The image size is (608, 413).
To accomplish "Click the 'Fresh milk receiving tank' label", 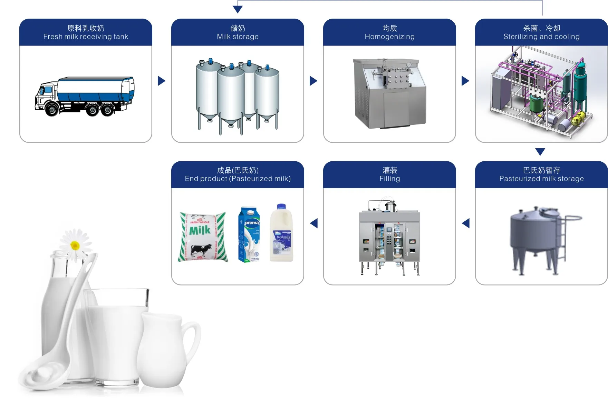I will (x=86, y=37).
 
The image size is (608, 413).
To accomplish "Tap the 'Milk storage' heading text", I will (x=238, y=37).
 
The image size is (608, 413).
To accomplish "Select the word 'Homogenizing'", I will (x=389, y=37).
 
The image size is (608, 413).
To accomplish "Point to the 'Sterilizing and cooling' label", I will (x=541, y=37).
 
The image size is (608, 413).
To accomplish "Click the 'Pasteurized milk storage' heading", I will (x=541, y=179).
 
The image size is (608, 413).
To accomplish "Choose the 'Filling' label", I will (x=389, y=179).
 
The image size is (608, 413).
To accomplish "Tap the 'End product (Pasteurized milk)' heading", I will (x=238, y=179).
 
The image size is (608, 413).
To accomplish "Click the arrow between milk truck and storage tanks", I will (x=161, y=81).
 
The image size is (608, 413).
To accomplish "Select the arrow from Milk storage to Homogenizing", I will (x=313, y=81).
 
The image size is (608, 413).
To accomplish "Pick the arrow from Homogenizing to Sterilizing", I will (x=465, y=81).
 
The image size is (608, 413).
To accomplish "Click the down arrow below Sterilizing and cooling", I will (x=540, y=151).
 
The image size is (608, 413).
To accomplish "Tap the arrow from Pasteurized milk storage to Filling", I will (x=466, y=223).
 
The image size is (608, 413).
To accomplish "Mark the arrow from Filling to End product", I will (x=314, y=223).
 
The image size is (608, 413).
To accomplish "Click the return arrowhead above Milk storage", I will (x=238, y=9).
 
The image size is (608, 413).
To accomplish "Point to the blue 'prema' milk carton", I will (x=249, y=234).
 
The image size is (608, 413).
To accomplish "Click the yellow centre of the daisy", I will (x=75, y=245).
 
